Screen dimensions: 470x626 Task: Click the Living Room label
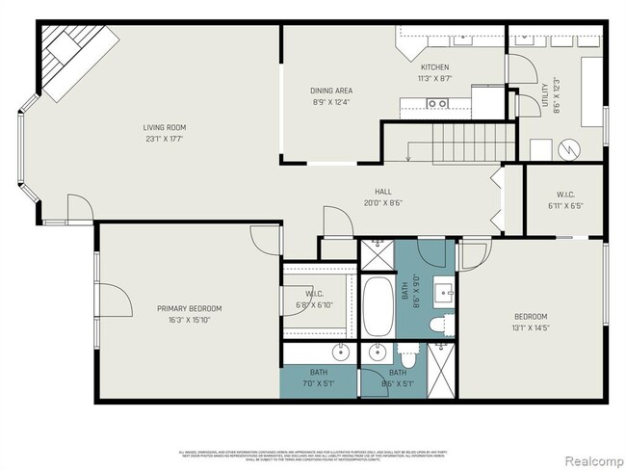(165, 127)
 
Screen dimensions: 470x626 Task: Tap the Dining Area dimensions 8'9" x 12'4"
(331, 100)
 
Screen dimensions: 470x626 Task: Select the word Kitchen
(434, 66)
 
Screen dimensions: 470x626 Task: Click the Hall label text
(382, 192)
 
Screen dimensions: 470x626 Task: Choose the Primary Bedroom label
(190, 309)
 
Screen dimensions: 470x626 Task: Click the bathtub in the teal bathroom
(378, 307)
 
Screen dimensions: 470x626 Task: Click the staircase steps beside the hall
(463, 144)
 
